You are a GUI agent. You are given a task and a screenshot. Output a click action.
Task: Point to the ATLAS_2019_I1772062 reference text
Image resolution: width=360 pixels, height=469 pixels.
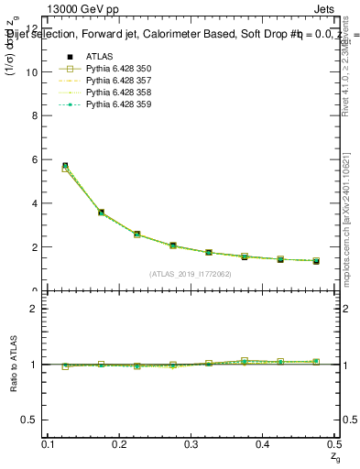tap(191, 274)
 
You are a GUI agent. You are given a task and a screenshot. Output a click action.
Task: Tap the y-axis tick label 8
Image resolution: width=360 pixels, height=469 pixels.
tap(35, 115)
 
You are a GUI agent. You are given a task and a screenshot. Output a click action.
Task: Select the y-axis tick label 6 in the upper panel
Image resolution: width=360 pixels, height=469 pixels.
tap(35, 159)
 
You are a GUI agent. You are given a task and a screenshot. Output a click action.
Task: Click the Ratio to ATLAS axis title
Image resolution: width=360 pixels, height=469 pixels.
tap(12, 364)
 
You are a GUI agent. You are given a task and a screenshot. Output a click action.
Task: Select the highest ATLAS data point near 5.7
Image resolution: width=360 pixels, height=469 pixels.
tap(64, 166)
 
